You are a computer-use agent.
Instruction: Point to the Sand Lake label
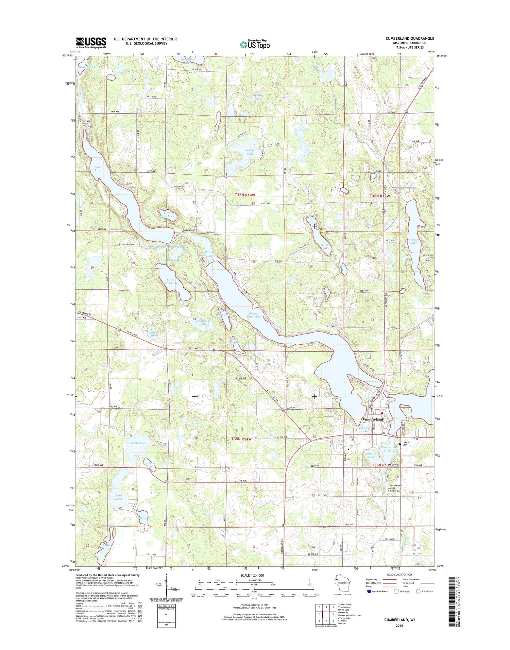[98, 168]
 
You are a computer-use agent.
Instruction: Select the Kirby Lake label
[250, 152]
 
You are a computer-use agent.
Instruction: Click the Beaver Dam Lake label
[254, 315]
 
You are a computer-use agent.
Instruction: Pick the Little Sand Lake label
[170, 281]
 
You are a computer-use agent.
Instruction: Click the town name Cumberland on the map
[373, 419]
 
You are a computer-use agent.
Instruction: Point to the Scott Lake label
[118, 497]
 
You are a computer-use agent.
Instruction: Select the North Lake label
[138, 443]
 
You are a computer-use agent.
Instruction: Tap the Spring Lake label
[325, 246]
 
